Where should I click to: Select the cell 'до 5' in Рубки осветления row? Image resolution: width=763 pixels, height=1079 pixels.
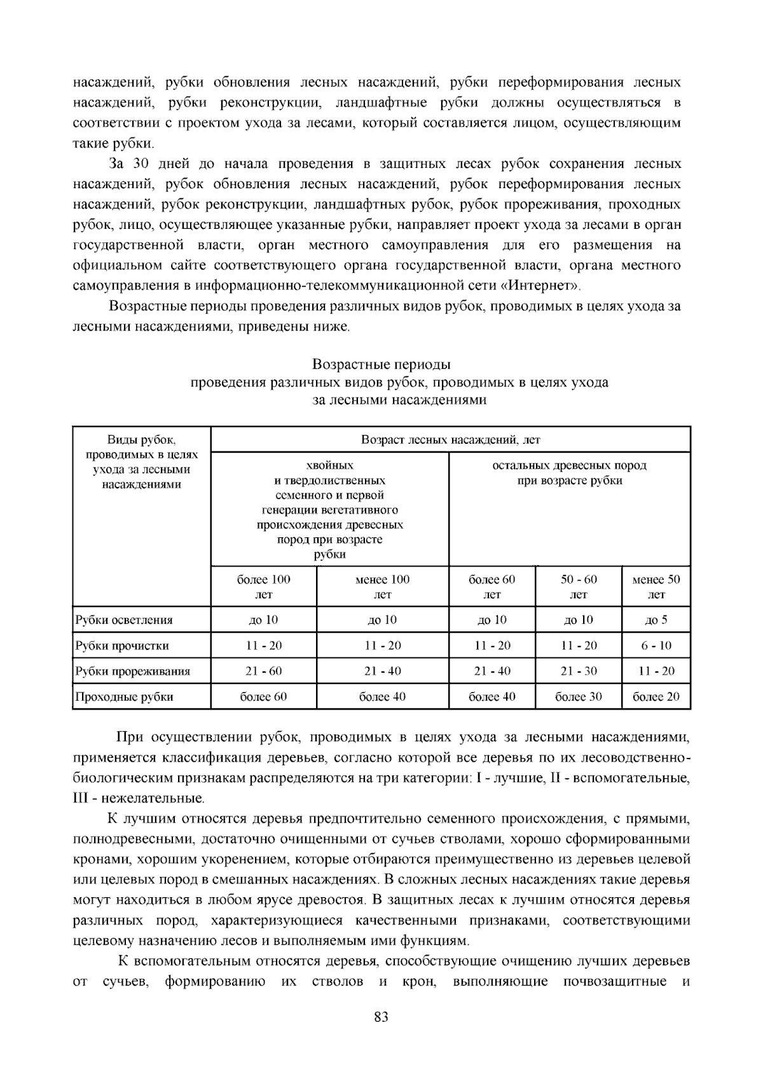coord(656,620)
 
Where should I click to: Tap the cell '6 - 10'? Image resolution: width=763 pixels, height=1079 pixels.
coord(656,645)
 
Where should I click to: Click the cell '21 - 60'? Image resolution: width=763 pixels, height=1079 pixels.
coord(263,671)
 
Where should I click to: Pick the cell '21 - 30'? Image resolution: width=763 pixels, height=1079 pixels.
coord(579,671)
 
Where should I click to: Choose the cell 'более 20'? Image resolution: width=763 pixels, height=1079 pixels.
coord(656,696)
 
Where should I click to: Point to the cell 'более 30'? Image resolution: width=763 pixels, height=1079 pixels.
coord(579,696)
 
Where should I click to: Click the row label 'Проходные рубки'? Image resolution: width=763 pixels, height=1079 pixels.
coord(125,696)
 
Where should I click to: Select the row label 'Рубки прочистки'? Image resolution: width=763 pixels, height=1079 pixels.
coord(122,645)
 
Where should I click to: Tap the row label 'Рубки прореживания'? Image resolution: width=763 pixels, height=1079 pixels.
coord(133,671)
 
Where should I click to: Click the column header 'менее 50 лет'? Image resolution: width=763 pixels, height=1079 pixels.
coord(656,587)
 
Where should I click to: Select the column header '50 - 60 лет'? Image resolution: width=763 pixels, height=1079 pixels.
coord(579,587)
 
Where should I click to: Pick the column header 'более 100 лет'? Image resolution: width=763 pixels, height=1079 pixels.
coord(263,587)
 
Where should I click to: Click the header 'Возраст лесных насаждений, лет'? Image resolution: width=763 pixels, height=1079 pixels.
coord(450,439)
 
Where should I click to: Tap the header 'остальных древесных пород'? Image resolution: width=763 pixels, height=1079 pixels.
coord(569,465)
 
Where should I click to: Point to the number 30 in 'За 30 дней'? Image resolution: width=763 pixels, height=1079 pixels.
coord(141,164)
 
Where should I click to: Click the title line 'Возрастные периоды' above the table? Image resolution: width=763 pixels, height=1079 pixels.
coord(381,365)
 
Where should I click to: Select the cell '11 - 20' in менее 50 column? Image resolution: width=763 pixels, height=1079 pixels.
coord(656,671)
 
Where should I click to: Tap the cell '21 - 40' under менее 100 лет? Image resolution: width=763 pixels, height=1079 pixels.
coord(382,671)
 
